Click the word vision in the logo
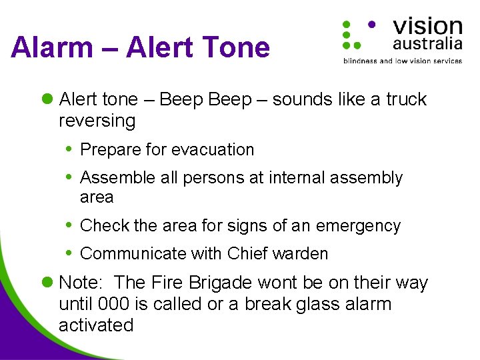[x=427, y=27]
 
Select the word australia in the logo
[x=427, y=44]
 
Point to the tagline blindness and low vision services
[x=402, y=61]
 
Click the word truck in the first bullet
[x=406, y=99]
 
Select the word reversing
[x=97, y=121]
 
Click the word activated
[x=96, y=325]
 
